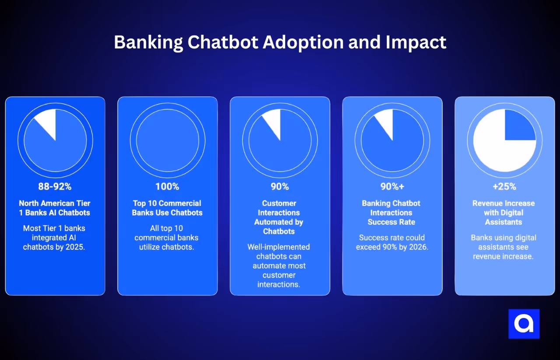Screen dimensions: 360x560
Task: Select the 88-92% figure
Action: click(x=55, y=187)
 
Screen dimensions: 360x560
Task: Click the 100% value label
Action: click(x=167, y=187)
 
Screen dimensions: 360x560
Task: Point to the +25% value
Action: click(x=504, y=187)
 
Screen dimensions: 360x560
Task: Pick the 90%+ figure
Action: click(x=392, y=187)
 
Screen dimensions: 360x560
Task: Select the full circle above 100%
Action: click(x=168, y=140)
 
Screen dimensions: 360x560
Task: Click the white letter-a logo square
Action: click(x=524, y=324)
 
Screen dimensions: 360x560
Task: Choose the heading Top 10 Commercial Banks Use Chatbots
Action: click(x=167, y=208)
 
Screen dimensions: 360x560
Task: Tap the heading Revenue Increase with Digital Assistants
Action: click(x=504, y=213)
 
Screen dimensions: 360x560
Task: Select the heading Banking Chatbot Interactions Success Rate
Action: click(x=391, y=213)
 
